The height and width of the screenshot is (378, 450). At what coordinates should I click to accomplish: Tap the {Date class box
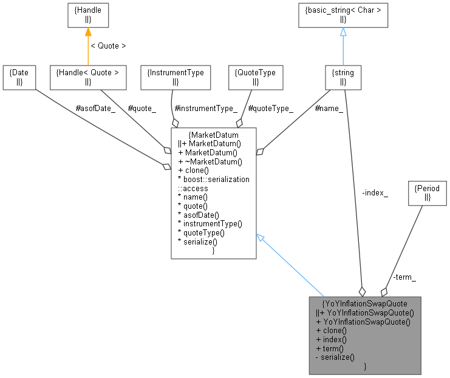[x=18, y=77]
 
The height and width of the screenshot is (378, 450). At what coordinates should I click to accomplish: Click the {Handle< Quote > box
[x=87, y=77]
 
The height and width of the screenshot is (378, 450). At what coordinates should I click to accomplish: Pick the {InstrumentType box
[x=175, y=77]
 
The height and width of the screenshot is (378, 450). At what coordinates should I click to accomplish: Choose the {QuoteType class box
[x=255, y=77]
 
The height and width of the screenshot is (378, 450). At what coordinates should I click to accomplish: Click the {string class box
[x=343, y=77]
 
